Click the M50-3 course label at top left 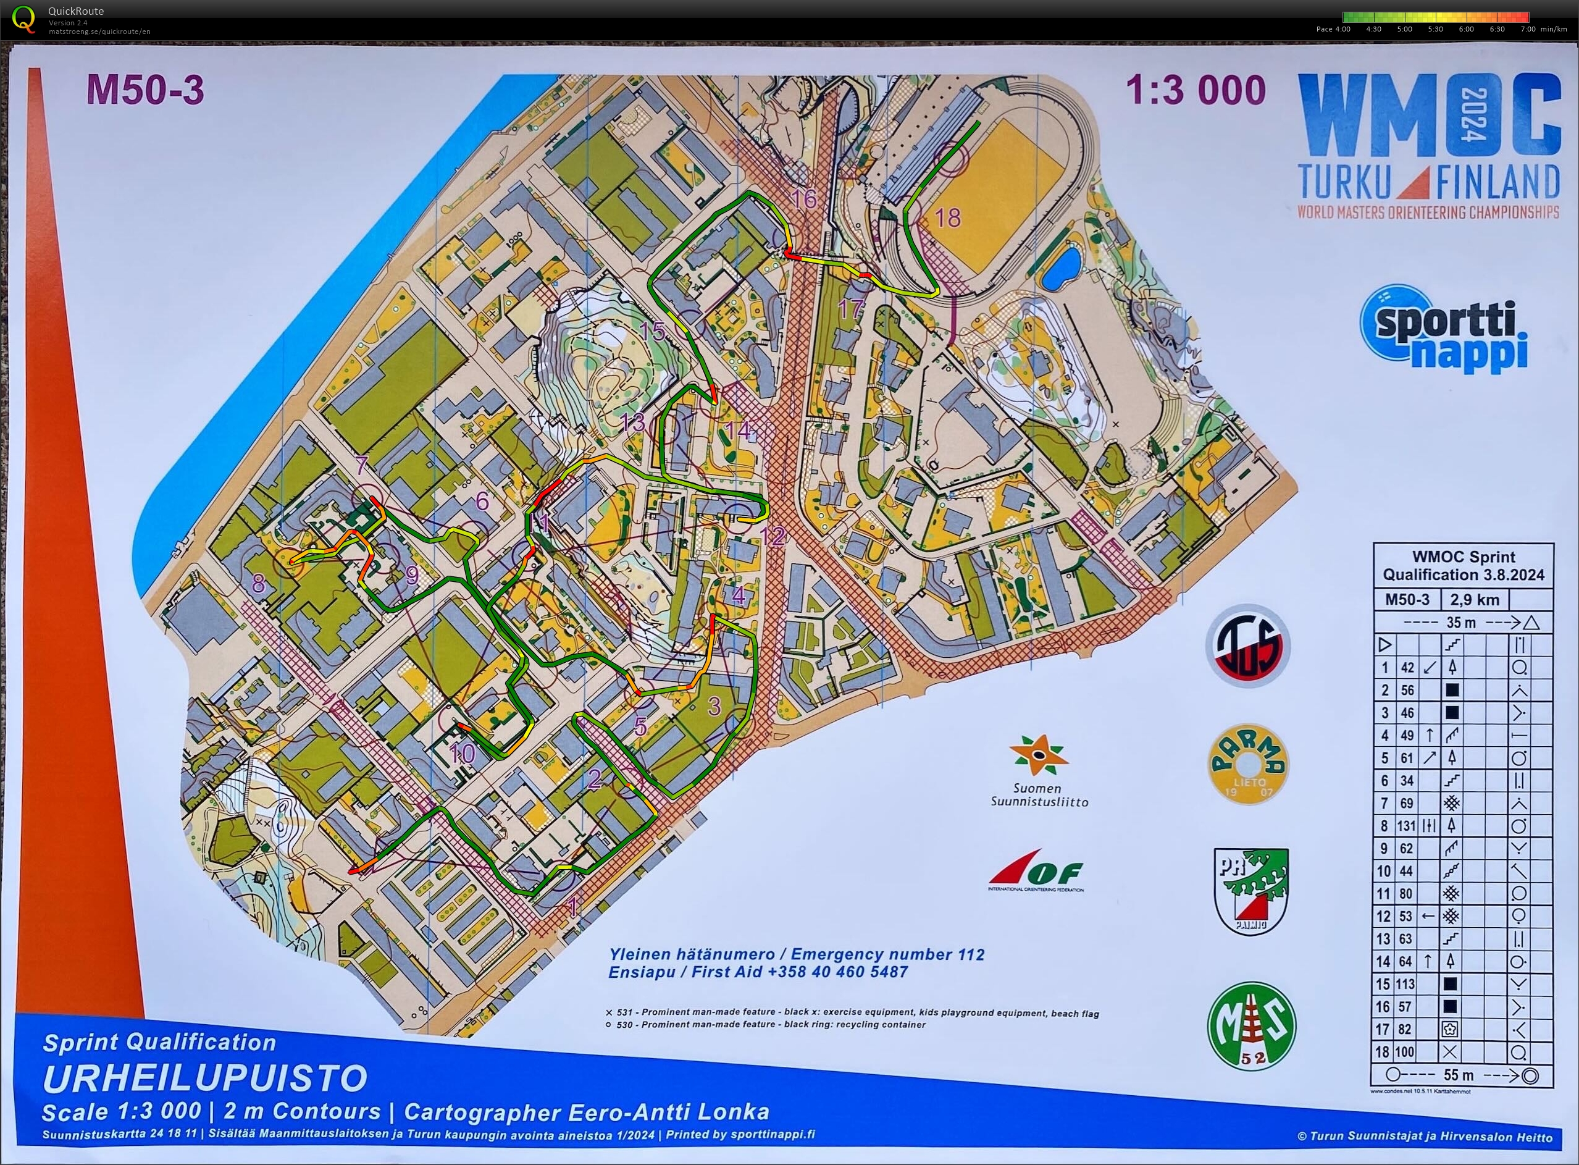[145, 91]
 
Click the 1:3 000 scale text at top [1196, 91]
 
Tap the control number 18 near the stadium [947, 217]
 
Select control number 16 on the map [803, 199]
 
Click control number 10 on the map [463, 754]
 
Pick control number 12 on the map [773, 537]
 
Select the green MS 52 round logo [1251, 1025]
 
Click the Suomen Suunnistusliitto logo [1040, 770]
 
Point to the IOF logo [1036, 872]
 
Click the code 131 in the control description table [1406, 826]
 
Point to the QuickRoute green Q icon [24, 19]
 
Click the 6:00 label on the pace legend [1466, 30]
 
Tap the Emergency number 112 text [887, 955]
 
